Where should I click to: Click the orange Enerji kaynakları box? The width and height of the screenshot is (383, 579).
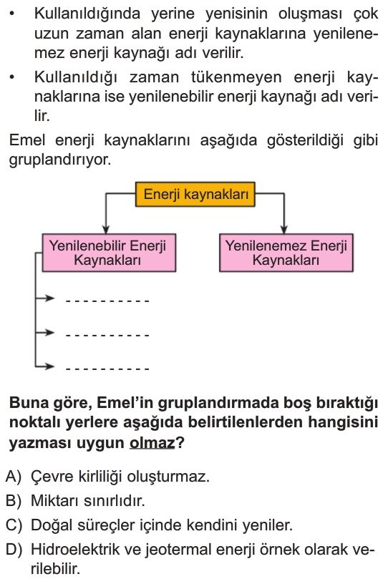click(195, 194)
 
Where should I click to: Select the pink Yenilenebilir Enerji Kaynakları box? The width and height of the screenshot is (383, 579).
click(109, 253)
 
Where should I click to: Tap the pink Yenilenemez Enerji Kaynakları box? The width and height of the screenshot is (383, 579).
click(286, 253)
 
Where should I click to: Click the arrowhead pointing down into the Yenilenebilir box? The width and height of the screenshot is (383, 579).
click(106, 229)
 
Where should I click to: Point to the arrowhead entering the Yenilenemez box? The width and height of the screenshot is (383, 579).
click(283, 229)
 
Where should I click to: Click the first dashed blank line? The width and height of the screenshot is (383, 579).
click(107, 301)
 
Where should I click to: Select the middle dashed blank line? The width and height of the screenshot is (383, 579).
click(107, 336)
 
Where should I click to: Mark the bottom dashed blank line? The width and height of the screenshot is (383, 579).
click(107, 369)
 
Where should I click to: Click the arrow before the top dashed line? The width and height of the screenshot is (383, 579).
click(44, 298)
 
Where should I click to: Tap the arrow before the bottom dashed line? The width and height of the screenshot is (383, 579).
click(44, 366)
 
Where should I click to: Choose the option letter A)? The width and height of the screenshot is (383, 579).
click(14, 477)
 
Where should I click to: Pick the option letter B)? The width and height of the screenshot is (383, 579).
click(14, 501)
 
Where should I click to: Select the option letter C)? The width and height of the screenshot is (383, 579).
click(14, 525)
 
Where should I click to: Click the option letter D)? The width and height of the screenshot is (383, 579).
click(14, 550)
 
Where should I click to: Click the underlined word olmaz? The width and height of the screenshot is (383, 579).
click(152, 443)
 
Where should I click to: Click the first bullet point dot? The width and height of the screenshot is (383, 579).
click(12, 14)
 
